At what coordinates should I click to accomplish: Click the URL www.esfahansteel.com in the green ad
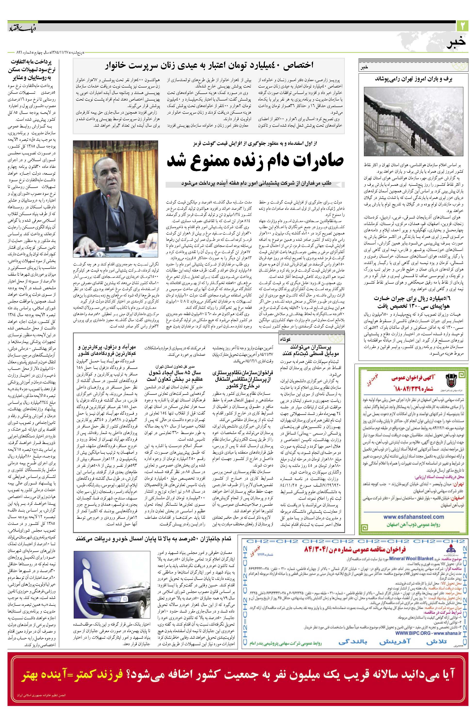(413, 517)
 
